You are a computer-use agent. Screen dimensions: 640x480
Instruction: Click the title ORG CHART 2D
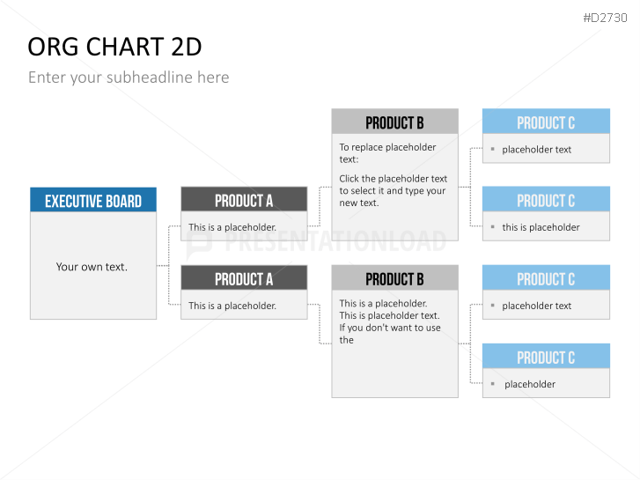pyautogui.click(x=114, y=47)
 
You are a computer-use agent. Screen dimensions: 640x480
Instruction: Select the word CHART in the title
pyautogui.click(x=125, y=47)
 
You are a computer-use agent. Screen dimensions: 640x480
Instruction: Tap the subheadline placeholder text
pyautogui.click(x=129, y=78)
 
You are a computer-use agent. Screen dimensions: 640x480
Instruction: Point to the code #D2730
pyautogui.click(x=605, y=18)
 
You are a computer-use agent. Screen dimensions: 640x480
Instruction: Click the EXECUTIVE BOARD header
pyautogui.click(x=93, y=201)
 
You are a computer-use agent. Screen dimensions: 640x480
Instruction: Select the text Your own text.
pyautogui.click(x=92, y=267)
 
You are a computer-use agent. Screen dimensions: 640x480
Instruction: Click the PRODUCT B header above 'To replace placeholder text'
pyautogui.click(x=394, y=122)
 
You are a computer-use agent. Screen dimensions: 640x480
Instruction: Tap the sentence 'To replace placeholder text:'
pyautogui.click(x=387, y=153)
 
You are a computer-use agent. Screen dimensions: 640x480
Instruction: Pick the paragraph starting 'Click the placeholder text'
pyautogui.click(x=393, y=191)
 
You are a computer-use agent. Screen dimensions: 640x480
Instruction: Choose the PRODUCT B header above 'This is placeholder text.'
pyautogui.click(x=394, y=279)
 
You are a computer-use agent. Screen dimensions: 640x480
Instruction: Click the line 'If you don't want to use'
pyautogui.click(x=390, y=328)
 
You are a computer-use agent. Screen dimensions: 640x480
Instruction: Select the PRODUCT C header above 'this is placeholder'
pyautogui.click(x=546, y=201)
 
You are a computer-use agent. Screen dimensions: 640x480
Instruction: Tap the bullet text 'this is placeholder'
pyautogui.click(x=541, y=227)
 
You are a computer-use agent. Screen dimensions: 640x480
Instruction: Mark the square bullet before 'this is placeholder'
pyautogui.click(x=493, y=226)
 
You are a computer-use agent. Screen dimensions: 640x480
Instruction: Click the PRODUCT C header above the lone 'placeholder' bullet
pyautogui.click(x=546, y=358)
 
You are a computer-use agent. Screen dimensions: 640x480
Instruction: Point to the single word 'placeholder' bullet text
pyautogui.click(x=530, y=384)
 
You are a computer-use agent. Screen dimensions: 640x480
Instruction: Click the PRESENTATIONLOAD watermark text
pyautogui.click(x=335, y=241)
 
